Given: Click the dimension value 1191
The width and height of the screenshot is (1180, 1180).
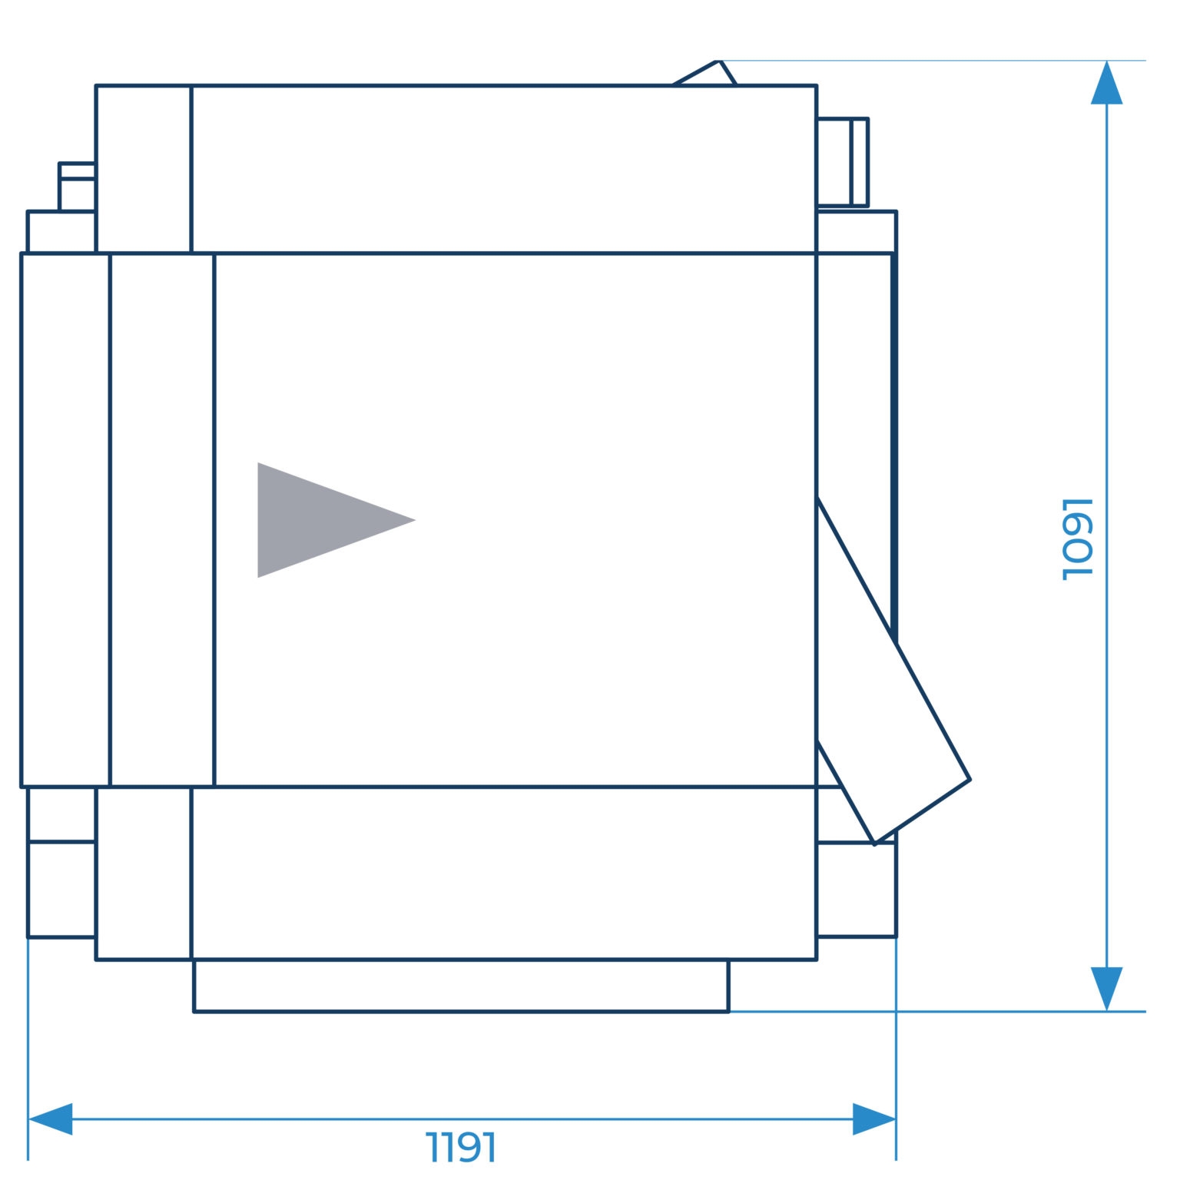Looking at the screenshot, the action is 461,1148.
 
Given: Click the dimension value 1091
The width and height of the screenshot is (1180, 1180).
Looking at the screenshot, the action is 1077,539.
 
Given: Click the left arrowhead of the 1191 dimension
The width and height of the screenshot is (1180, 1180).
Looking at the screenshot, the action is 50,1119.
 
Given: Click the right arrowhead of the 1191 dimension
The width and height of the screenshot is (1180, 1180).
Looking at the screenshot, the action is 874,1119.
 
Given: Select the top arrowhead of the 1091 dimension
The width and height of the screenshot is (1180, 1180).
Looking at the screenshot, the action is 1106,82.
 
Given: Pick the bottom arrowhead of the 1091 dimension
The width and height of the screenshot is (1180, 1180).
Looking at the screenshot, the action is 1106,989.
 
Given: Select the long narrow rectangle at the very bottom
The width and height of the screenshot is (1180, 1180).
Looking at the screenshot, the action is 461,986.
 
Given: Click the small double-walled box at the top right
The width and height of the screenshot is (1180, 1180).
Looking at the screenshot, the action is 842,162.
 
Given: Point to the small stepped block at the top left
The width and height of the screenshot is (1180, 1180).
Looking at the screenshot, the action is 77,187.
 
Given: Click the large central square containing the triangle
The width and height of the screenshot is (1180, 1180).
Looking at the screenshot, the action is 515,520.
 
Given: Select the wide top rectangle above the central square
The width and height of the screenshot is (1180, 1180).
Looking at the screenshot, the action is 503,169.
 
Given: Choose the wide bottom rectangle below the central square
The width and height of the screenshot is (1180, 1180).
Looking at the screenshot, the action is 503,873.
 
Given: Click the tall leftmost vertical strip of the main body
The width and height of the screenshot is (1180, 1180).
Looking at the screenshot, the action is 65,520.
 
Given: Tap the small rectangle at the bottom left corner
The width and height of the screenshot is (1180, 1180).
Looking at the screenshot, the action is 61,890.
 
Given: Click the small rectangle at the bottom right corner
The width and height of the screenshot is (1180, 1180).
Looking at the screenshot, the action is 856,890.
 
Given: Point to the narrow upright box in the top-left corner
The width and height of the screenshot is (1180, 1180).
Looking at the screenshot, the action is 143,169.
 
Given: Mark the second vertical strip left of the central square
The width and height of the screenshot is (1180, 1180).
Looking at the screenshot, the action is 162,520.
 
